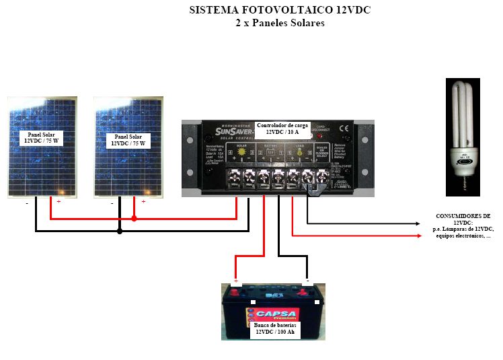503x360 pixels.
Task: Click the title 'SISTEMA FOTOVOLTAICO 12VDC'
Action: (280, 11)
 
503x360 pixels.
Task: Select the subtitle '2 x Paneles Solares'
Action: (280, 23)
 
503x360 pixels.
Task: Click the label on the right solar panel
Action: (129, 140)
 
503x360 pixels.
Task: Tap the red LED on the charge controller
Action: (311, 137)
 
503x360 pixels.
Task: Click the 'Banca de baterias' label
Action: (274, 329)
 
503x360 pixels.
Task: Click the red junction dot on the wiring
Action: (134, 219)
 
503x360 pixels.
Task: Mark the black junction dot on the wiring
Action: (120, 231)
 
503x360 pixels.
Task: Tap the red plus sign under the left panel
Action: (59, 201)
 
